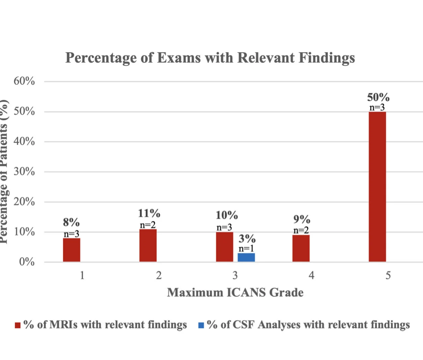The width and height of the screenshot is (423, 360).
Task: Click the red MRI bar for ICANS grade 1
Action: tap(72, 250)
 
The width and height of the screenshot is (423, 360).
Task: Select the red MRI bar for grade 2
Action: tap(148, 246)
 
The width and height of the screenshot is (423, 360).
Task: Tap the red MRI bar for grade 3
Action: tap(224, 247)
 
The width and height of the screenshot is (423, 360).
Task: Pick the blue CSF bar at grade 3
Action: tap(246, 257)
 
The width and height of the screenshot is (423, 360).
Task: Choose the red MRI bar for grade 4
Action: tap(301, 248)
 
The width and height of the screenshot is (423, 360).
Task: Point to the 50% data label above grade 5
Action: tap(378, 97)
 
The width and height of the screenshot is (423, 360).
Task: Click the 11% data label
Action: tap(149, 213)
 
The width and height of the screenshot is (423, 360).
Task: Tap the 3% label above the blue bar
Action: tap(247, 239)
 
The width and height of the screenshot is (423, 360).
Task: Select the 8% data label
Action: tap(71, 222)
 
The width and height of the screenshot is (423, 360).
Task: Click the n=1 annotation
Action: tap(246, 249)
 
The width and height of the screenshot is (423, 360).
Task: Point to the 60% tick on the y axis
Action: tap(24, 81)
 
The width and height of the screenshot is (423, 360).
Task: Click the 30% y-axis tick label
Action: tap(24, 172)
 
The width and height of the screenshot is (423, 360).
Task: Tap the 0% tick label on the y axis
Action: tap(27, 262)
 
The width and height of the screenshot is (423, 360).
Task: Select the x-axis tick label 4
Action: tap(311, 276)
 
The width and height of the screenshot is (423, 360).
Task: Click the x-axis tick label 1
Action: tap(82, 276)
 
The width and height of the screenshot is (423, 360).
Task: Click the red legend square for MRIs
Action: tap(18, 325)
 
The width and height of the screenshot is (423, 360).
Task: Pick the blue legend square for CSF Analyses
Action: tap(201, 325)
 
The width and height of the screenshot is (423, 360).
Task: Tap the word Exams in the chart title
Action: tap(179, 58)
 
